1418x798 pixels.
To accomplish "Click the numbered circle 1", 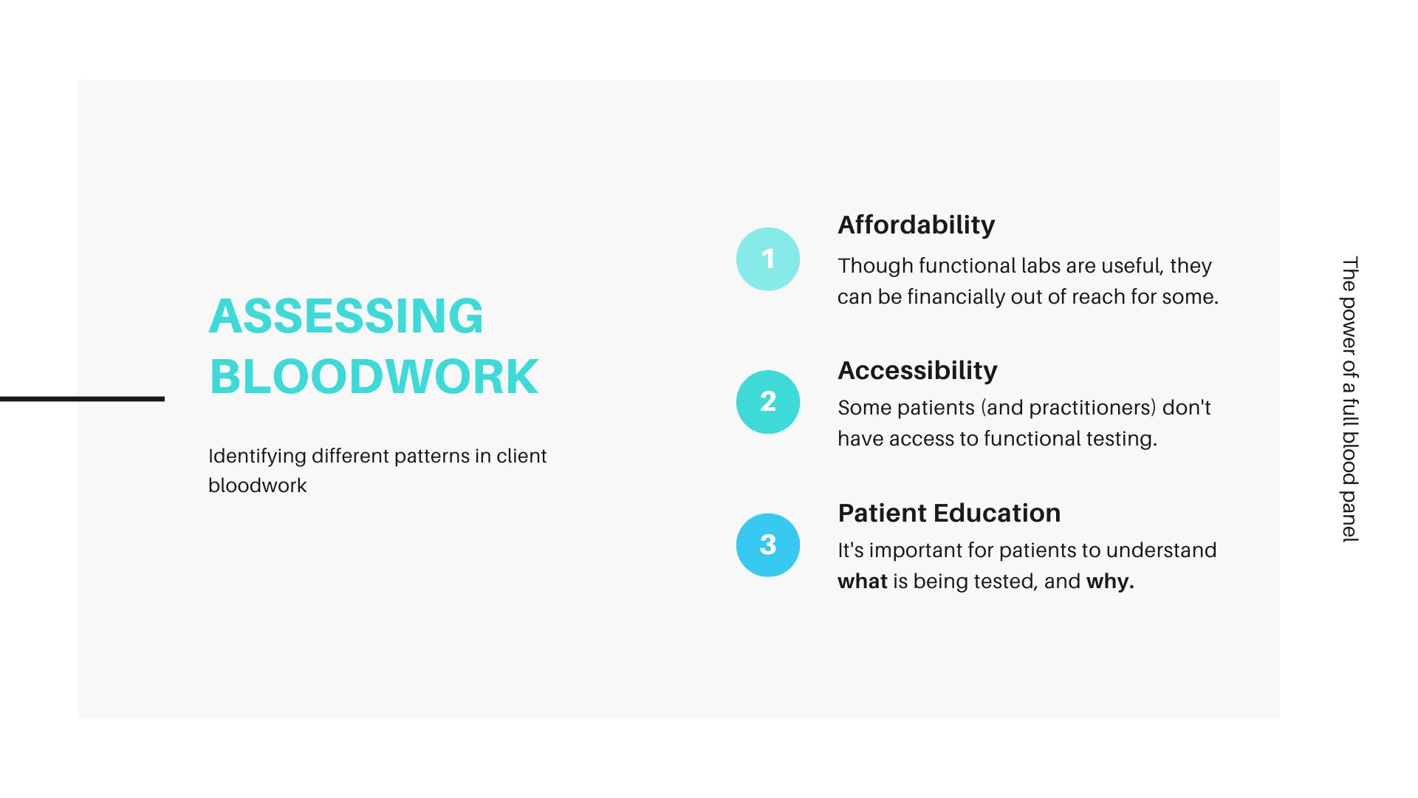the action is pos(768,259).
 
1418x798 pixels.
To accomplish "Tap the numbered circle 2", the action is pos(768,402).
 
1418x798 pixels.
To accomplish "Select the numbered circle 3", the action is pos(768,545).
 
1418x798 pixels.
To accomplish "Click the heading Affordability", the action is pos(917,225).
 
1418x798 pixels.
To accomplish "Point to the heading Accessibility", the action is pos(917,370).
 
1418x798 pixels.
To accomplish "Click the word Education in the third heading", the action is pos(997,513).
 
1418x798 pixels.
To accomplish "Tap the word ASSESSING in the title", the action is pos(346,316).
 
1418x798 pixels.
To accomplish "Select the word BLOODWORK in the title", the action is pos(374,377).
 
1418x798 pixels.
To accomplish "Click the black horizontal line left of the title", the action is pos(82,399).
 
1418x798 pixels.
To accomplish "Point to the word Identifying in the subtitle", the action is pos(257,457).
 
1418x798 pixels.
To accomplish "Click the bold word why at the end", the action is pos(1110,582).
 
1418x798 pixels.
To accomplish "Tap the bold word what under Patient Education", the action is pos(863,582).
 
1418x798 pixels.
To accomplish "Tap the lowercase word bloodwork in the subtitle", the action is pos(257,485).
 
